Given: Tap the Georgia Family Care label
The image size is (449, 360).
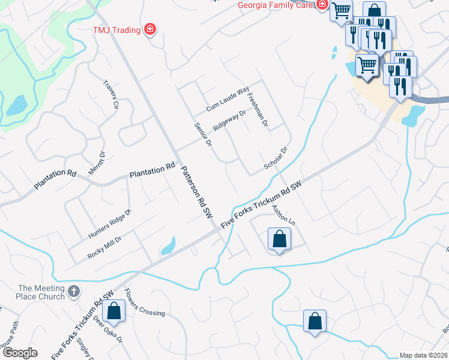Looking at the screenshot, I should [x=276, y=5].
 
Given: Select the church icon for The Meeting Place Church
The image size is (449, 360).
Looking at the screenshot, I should [x=73, y=292].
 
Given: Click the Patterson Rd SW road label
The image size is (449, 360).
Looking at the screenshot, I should [x=197, y=191].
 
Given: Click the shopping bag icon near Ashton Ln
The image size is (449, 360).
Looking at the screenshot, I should [x=279, y=239].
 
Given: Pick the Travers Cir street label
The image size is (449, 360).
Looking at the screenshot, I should [x=112, y=94].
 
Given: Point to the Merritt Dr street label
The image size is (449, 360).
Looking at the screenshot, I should [x=97, y=163].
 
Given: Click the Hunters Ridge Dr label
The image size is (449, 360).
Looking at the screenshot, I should [x=110, y=223].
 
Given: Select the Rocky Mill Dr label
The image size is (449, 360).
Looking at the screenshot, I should [x=104, y=247].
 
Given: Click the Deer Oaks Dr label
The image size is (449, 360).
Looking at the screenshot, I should [x=110, y=331].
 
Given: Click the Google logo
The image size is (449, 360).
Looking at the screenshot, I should [x=20, y=353].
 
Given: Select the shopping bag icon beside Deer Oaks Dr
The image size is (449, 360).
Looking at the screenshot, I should [x=113, y=311].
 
